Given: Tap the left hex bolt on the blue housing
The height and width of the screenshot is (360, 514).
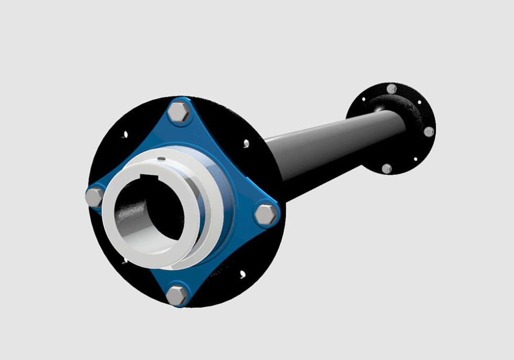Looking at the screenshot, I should (95, 197).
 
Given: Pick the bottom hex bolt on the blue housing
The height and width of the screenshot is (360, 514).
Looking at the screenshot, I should (177, 295).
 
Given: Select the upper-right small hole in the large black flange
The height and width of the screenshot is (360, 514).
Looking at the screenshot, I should (246, 142).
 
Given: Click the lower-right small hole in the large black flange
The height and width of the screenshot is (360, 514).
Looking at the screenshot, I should (242, 273).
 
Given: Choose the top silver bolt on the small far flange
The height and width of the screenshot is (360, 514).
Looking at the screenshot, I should (391, 89).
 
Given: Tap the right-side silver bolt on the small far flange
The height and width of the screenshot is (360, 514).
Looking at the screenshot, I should (429, 132).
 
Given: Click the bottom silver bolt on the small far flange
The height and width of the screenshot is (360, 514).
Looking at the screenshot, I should (387, 168).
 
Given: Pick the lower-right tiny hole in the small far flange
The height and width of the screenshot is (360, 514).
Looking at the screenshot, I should (415, 158).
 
